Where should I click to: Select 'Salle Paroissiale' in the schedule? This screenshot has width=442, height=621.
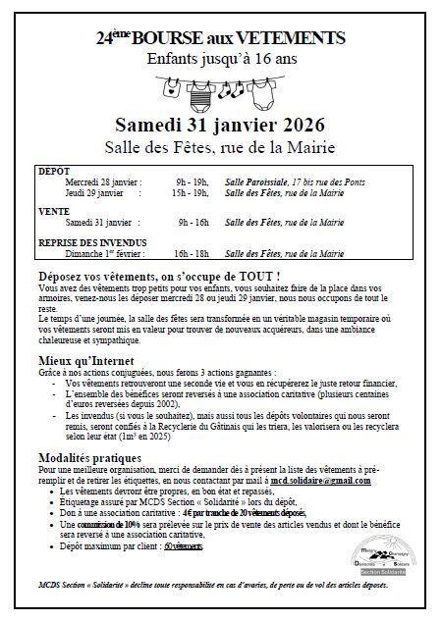click(253, 182)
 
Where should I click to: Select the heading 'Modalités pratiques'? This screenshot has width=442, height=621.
click(91, 458)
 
